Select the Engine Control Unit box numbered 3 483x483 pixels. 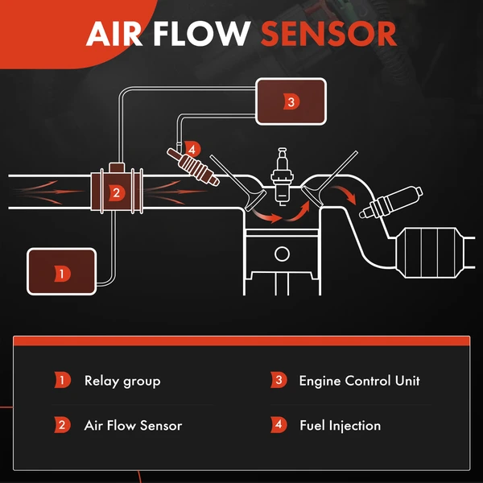tap(291, 101)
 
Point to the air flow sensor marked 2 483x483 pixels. tap(116, 192)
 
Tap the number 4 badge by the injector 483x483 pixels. tap(191, 149)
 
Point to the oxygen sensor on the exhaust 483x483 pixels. tap(392, 202)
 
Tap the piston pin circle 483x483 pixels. tap(281, 254)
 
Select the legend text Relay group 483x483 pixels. tap(122, 381)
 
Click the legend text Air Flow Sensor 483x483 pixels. tap(133, 425)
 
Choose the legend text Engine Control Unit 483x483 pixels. tap(359, 381)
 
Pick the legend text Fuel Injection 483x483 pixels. tap(340, 425)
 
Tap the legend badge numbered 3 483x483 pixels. tap(279, 381)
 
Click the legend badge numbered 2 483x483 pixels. tap(63, 425)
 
